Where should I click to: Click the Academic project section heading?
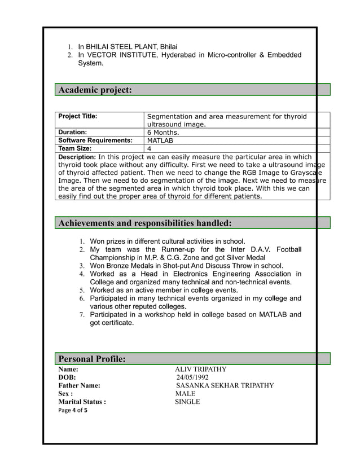(x=95, y=90)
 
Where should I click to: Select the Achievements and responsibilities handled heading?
(x=145, y=223)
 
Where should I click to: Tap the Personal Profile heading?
(x=92, y=359)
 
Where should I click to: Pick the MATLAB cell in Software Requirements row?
(x=160, y=140)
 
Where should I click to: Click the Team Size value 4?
(x=149, y=148)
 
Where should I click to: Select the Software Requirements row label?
(x=95, y=140)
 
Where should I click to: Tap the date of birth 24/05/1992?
(x=192, y=377)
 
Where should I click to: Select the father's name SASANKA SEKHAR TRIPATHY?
(x=225, y=385)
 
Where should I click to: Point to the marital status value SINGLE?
(x=187, y=402)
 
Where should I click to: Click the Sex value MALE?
(x=185, y=394)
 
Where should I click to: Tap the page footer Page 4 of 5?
(x=73, y=410)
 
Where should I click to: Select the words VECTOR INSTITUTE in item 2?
(x=122, y=55)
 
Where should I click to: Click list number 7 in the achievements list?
(x=81, y=315)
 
